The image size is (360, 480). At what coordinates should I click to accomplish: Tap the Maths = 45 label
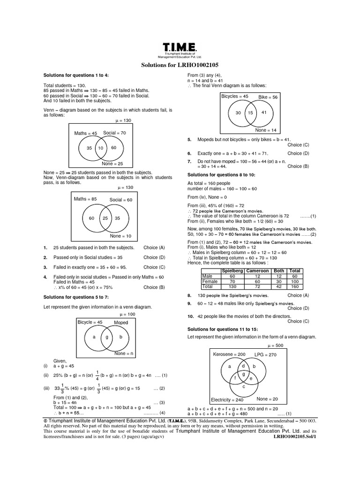(x=85, y=133)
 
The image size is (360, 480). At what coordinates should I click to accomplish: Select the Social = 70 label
(x=115, y=133)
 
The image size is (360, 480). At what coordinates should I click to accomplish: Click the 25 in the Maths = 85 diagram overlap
(x=105, y=218)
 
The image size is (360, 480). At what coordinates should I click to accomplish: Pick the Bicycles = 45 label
(x=235, y=96)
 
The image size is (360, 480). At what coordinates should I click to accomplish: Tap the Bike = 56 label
(x=268, y=97)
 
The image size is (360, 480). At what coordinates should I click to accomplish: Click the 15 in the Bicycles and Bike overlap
(x=251, y=112)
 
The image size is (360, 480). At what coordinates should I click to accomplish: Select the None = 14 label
(x=266, y=130)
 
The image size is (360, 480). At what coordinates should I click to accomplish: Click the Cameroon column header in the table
(x=257, y=271)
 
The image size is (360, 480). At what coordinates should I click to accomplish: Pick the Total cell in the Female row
(x=295, y=281)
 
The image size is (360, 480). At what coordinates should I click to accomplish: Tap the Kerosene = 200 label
(x=229, y=354)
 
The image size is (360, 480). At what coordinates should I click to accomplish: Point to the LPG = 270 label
(x=265, y=354)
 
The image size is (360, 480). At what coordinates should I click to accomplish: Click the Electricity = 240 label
(x=227, y=400)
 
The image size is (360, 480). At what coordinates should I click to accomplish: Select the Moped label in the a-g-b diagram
(x=121, y=323)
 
